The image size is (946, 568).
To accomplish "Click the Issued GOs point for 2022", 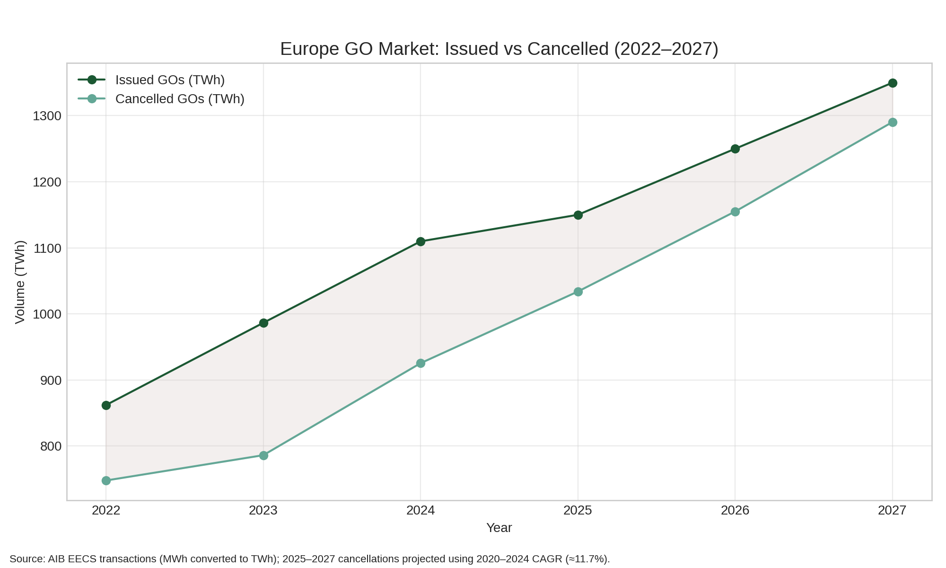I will (x=106, y=405).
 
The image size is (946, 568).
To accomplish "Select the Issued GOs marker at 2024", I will (x=420, y=241).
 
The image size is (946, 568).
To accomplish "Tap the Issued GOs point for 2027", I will (x=893, y=83).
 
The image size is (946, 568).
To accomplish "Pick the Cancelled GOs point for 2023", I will (x=263, y=455).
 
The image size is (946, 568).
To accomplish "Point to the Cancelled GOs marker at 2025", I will (x=578, y=292).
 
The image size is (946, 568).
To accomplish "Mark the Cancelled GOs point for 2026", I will (x=735, y=212).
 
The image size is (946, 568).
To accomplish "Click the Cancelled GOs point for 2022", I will (x=106, y=480).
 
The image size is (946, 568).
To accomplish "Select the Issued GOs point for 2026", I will (x=735, y=149).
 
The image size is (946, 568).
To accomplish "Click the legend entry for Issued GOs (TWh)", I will (x=170, y=80).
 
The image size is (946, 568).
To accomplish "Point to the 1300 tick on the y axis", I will (x=47, y=116).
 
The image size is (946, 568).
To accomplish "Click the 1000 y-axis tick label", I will (x=47, y=314).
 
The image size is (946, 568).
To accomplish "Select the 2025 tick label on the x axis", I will (x=578, y=510).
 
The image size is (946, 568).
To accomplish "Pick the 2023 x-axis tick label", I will (x=263, y=510).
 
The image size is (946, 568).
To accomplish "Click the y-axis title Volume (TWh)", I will (x=20, y=282).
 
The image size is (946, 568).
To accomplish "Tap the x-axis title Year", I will (x=499, y=528).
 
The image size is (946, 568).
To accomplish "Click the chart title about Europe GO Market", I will (x=499, y=49).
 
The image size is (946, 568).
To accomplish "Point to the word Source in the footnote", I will (x=26, y=559).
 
